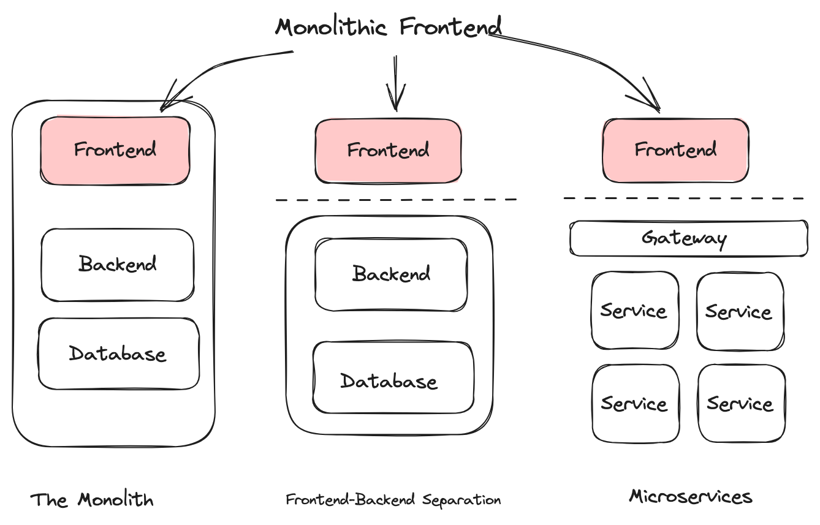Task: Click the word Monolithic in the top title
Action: [x=331, y=27]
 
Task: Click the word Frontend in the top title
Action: [x=450, y=26]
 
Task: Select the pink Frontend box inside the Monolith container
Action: [x=115, y=150]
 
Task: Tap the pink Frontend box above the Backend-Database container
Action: [x=388, y=151]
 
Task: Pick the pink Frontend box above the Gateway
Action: [x=675, y=150]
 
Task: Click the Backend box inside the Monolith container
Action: [x=118, y=265]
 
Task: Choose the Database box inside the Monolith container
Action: [x=119, y=353]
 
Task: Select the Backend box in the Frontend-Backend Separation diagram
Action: [x=391, y=274]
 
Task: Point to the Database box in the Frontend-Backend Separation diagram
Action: [x=393, y=377]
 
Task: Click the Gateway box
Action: [x=689, y=238]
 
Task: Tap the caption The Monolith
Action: [x=92, y=499]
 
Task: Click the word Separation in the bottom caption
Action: [x=461, y=500]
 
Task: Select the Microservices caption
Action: [x=691, y=497]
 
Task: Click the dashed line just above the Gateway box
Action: [x=683, y=198]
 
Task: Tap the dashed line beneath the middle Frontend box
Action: [x=396, y=200]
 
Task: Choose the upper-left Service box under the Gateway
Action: [x=635, y=310]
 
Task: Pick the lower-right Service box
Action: [x=742, y=403]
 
